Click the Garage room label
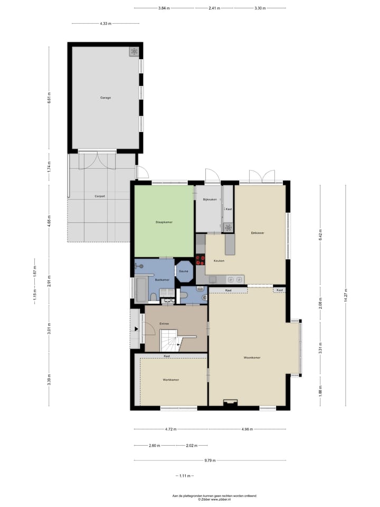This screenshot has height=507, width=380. click(x=106, y=98)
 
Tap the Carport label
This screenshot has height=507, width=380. click(x=100, y=196)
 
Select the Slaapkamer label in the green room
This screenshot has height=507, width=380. click(x=164, y=222)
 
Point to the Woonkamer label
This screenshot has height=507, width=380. click(x=252, y=358)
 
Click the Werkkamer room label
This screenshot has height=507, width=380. click(x=171, y=380)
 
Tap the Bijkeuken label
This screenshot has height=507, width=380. click(x=210, y=200)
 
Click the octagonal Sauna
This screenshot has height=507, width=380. click(x=184, y=271)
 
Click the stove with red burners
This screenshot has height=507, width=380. click(x=200, y=259)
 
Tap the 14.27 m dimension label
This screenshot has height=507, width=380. click(x=346, y=296)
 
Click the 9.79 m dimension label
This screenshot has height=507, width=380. click(x=210, y=461)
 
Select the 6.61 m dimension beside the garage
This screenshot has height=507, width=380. click(x=49, y=98)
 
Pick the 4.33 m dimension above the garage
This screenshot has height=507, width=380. click(x=105, y=24)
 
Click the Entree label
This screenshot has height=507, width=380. click(x=164, y=323)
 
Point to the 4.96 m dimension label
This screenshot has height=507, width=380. click(x=246, y=429)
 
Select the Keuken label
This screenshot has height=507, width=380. click(x=218, y=261)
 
